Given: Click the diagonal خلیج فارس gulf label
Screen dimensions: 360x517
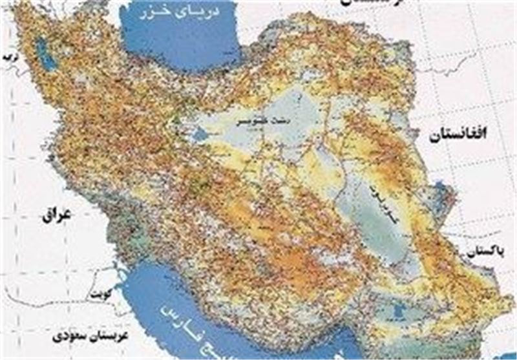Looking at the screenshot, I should tap(213, 330).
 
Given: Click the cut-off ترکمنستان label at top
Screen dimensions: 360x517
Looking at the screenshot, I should tap(365, 3).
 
